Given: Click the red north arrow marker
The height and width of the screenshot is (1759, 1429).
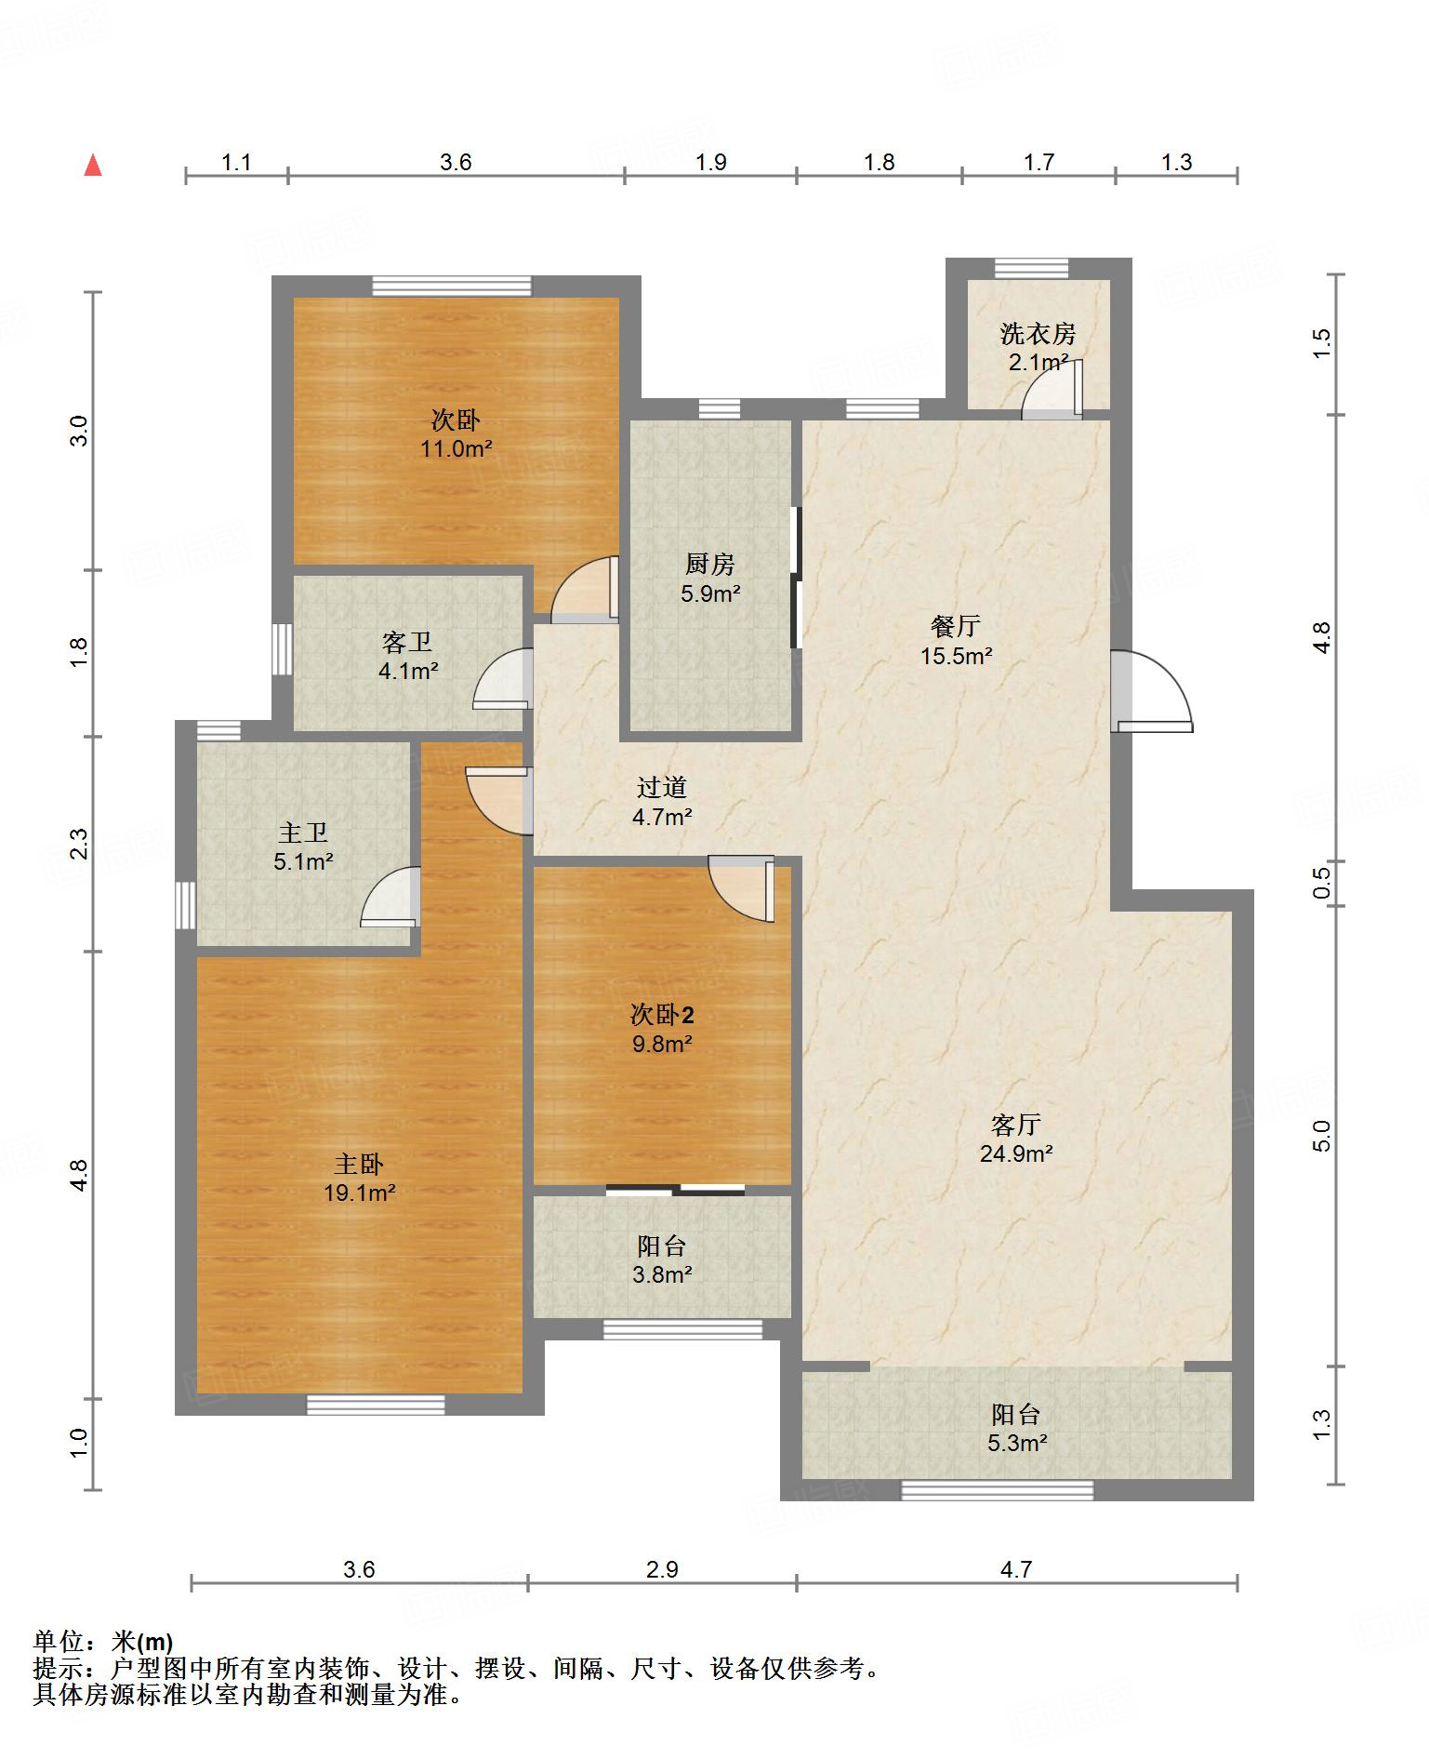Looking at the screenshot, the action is (x=93, y=166).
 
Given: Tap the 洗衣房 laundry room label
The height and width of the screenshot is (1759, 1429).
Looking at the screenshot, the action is (x=1038, y=333).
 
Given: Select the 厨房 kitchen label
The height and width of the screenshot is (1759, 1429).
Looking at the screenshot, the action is (x=709, y=564).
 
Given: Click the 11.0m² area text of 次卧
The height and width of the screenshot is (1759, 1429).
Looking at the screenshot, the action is (x=456, y=449).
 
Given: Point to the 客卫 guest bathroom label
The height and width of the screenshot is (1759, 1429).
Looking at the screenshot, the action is (x=407, y=642).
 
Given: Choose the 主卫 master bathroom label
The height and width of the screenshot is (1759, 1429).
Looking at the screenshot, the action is (x=303, y=833).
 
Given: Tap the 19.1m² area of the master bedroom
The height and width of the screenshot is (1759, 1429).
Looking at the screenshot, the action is (x=360, y=1193).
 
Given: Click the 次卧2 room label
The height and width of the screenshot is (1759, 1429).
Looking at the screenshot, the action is (x=662, y=1013).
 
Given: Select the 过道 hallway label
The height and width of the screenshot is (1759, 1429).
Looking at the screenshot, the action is (x=662, y=787).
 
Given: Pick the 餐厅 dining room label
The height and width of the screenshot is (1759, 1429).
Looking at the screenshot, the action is (x=956, y=626).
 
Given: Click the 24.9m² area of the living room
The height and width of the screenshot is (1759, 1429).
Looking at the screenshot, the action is (x=1016, y=1153).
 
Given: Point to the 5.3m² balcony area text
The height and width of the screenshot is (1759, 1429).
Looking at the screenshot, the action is (x=1016, y=1443).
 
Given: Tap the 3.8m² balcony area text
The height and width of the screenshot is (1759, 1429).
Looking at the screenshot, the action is (x=662, y=1273).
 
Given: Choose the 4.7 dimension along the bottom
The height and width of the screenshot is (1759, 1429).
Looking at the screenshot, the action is (x=1016, y=1569).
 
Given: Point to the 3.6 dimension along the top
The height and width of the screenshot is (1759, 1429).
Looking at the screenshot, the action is (x=456, y=162).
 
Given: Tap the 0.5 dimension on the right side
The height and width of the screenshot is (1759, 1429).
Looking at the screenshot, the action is (x=1322, y=880).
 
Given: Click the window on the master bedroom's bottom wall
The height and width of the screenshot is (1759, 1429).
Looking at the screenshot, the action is (x=376, y=1405).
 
